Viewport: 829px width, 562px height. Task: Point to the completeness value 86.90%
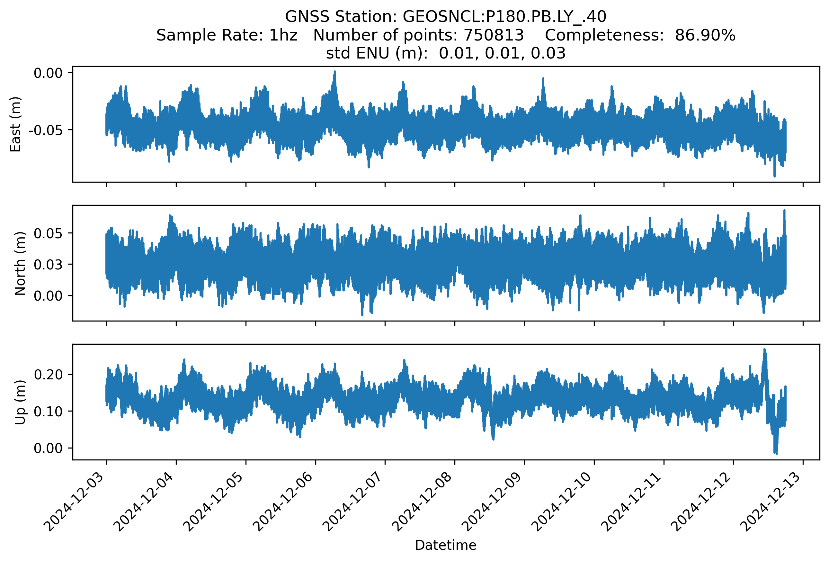point(705,35)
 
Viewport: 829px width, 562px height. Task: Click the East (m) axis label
point(15,124)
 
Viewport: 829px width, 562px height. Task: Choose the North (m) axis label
point(20,263)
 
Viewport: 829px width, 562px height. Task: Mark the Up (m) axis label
point(20,402)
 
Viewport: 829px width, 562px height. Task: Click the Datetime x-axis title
point(446,545)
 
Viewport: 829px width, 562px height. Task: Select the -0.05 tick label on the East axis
point(46,130)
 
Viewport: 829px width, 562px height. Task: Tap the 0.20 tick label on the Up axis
point(48,375)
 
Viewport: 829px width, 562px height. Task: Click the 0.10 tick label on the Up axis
point(48,412)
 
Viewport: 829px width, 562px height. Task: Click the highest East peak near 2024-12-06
point(334,72)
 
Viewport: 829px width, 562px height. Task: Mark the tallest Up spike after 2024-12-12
point(764,350)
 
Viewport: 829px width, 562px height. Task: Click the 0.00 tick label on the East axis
point(48,73)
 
